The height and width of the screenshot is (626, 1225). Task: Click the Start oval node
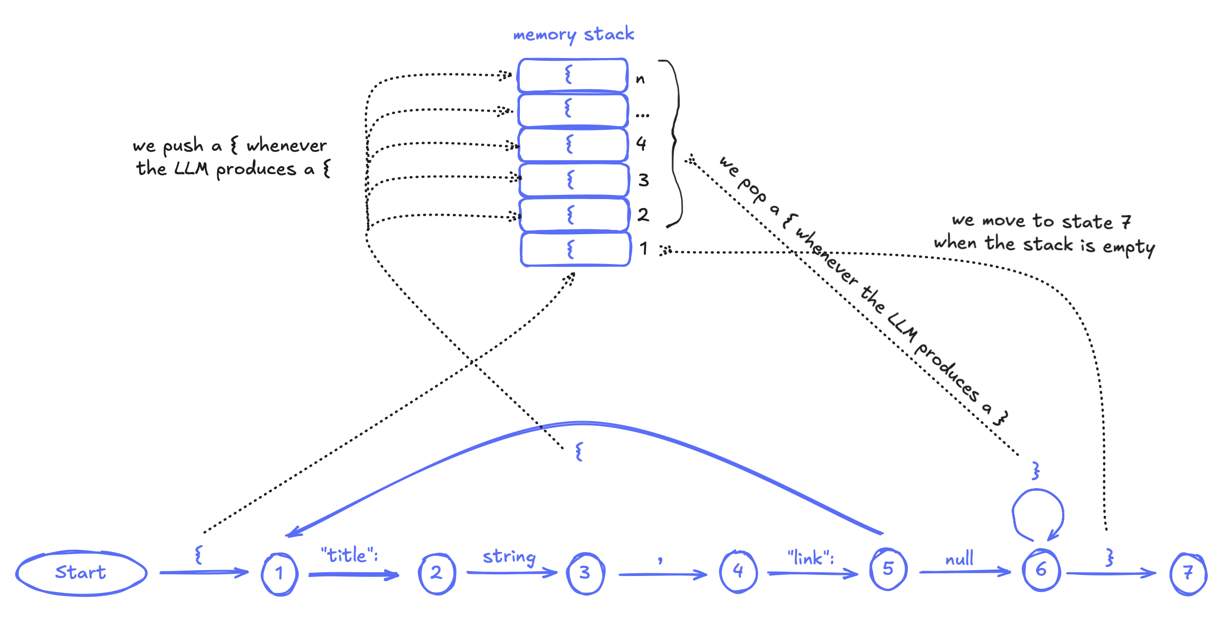(x=81, y=573)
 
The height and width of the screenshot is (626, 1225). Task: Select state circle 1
(x=279, y=573)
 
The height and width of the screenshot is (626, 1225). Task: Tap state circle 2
(x=436, y=573)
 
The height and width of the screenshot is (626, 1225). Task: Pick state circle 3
(x=585, y=573)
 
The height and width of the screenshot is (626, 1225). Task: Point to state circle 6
(x=1041, y=570)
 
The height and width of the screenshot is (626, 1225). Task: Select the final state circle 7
(x=1188, y=573)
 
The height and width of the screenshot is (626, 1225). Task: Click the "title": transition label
(x=349, y=555)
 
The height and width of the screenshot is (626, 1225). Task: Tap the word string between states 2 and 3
(x=509, y=557)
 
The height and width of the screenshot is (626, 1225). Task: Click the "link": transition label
(x=810, y=557)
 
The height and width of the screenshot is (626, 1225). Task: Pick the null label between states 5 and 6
(x=959, y=559)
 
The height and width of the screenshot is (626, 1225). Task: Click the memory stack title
(x=573, y=35)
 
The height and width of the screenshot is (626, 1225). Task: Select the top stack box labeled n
(x=573, y=75)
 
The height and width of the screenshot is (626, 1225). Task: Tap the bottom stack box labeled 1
(x=575, y=249)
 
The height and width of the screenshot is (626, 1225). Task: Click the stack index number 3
(x=643, y=180)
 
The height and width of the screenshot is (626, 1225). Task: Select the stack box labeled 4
(x=573, y=144)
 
